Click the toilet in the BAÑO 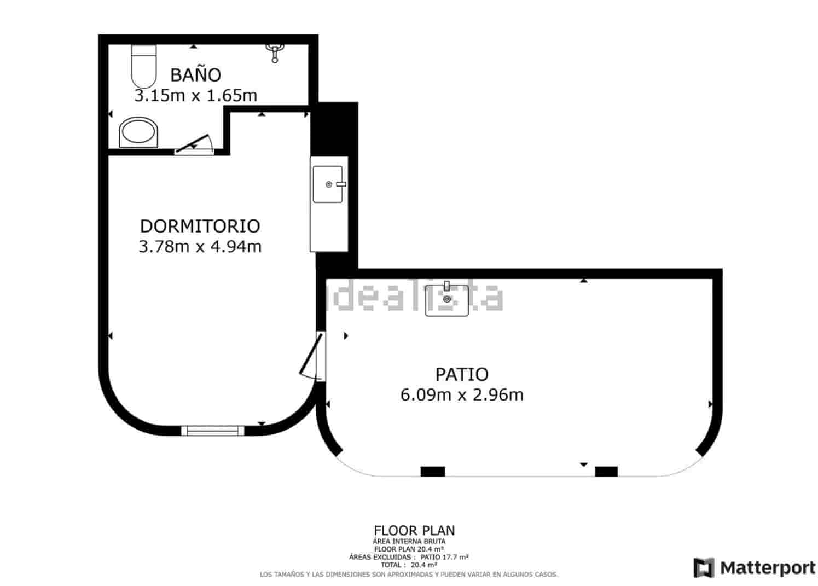144,66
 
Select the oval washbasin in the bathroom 139,132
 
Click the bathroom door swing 195,144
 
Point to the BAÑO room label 195,74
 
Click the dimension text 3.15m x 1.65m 195,96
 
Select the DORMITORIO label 200,226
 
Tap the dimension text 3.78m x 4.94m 200,247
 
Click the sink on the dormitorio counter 328,184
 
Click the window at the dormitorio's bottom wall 212,431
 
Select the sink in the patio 447,299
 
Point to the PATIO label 461,374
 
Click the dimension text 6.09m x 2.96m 461,394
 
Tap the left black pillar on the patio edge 432,471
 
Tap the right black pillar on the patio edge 606,471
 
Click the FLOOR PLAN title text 414,530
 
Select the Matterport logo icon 704,567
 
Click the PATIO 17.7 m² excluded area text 444,557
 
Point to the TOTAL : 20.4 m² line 409,565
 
